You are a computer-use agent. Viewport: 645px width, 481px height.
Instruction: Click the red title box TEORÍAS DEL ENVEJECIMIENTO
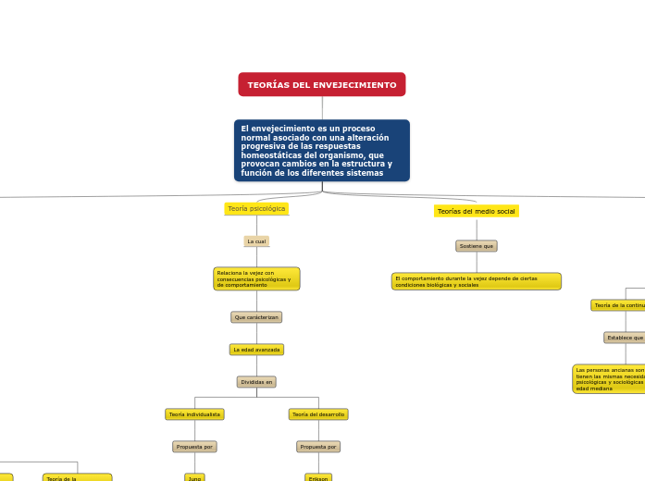tap(322, 85)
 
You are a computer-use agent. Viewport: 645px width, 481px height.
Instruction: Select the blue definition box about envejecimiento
tap(322, 150)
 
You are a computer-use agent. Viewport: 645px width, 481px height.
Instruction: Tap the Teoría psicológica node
tap(256, 209)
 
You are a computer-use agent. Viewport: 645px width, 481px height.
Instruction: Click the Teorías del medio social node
tap(476, 212)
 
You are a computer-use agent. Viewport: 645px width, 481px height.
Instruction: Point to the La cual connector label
tap(256, 241)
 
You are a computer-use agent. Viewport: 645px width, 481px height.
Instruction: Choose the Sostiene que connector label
tap(477, 246)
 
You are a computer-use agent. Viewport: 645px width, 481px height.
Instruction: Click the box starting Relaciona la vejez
tap(256, 278)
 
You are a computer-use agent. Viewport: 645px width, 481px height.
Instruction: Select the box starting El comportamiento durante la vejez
tap(476, 281)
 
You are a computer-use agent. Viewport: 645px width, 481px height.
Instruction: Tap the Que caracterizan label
tap(256, 317)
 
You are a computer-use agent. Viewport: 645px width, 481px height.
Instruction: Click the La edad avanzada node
tap(256, 350)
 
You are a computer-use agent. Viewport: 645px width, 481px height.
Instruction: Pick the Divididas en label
tap(256, 382)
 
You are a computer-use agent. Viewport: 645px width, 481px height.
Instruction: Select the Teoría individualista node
tap(194, 414)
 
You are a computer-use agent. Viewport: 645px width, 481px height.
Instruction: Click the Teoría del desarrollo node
tap(318, 414)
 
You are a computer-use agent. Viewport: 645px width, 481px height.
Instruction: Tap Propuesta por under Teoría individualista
tap(194, 447)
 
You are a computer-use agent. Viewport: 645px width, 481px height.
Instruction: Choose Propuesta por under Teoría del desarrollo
tap(318, 447)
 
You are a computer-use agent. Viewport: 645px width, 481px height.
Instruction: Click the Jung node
tap(194, 477)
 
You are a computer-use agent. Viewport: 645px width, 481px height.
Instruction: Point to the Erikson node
tap(318, 477)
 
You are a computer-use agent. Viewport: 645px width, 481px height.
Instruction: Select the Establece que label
tap(626, 338)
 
